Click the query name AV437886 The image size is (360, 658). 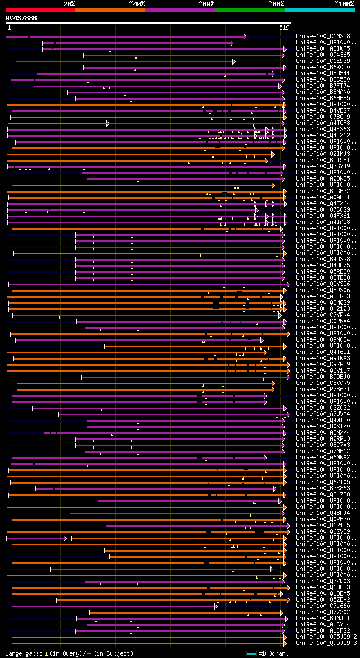21,18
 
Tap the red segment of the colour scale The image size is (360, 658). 40,10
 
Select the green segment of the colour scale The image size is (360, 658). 249,10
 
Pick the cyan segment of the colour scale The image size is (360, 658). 319,10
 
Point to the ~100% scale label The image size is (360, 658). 344,3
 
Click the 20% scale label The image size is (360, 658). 69,3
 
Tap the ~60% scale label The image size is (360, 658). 206,3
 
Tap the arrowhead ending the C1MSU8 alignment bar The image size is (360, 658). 245,37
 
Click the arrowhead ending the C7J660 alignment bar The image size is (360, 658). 216,606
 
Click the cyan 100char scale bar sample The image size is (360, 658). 251,653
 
